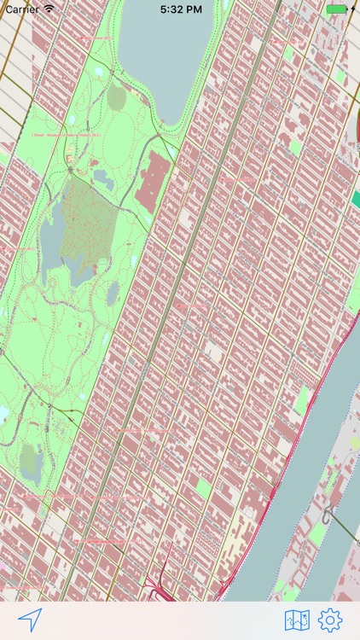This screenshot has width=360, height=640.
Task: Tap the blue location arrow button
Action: point(30,620)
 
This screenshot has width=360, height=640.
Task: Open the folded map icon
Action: point(297,620)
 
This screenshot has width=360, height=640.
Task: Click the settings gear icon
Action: point(330,620)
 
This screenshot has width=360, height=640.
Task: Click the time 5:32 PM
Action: point(180,9)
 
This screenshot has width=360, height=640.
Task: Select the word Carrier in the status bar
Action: point(21,9)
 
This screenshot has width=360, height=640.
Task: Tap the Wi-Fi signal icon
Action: point(49,9)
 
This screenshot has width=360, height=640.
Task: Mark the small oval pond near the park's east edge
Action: point(113,292)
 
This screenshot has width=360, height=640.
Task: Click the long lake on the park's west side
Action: point(51,230)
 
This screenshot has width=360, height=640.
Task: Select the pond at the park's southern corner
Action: point(30,459)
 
